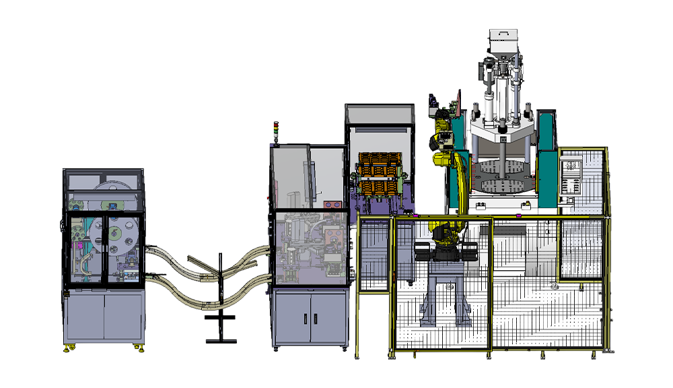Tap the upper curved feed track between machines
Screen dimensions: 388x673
pos(202,263)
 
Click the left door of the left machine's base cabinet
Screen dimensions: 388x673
pos(85,317)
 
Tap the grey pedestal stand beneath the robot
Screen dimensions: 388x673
pos(444,296)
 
